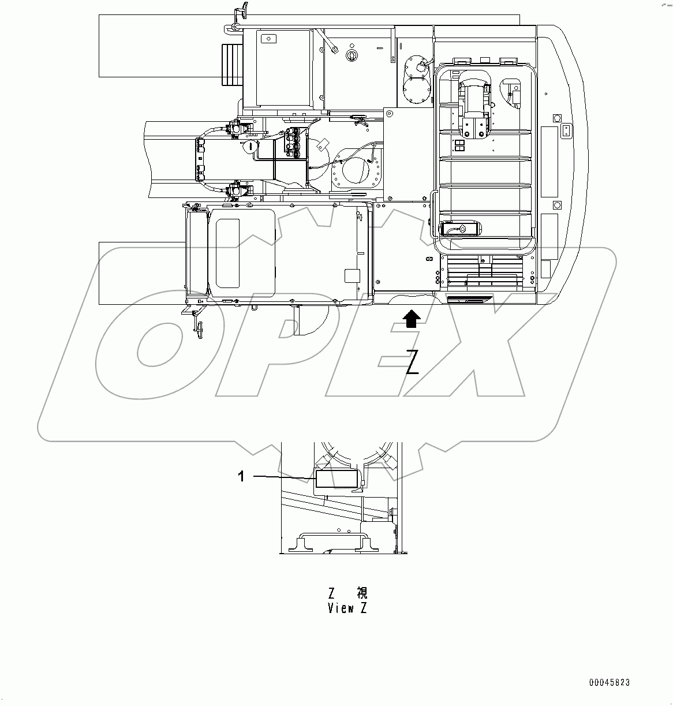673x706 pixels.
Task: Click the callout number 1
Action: pyautogui.click(x=242, y=476)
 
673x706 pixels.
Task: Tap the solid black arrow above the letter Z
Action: pyautogui.click(x=411, y=319)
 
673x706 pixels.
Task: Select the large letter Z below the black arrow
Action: pyautogui.click(x=412, y=362)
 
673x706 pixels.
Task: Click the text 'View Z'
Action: pyautogui.click(x=347, y=608)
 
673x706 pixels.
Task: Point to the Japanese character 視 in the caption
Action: pyautogui.click(x=361, y=593)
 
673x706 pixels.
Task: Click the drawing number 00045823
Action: pyautogui.click(x=610, y=682)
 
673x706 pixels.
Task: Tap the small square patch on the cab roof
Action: pyautogui.click(x=351, y=275)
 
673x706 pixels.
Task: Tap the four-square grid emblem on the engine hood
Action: pyautogui.click(x=460, y=145)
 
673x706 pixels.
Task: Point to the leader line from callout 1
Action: pyautogui.click(x=283, y=476)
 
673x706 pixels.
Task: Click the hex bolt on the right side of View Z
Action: pyautogui.click(x=392, y=511)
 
